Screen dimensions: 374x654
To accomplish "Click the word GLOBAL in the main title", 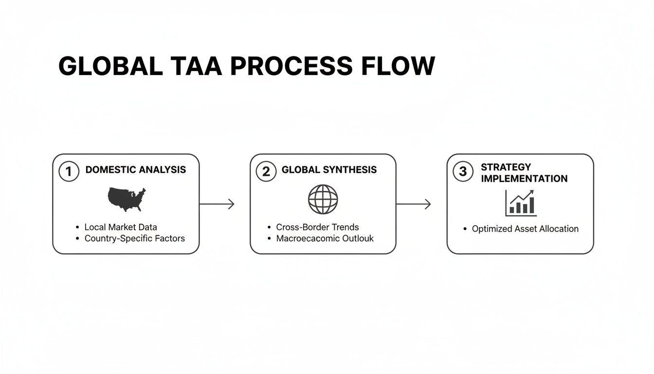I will coord(110,66).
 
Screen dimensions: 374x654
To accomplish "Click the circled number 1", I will coord(69,171).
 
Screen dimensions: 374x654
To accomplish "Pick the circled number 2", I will coord(266,171).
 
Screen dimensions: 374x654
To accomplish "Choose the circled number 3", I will coord(463,171).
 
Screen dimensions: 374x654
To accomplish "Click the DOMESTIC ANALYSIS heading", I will coord(135,170).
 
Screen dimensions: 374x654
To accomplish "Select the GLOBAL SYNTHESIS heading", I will coord(329,170).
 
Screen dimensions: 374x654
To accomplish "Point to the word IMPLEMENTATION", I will coord(524,179).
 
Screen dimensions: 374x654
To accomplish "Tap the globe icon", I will coord(323,199).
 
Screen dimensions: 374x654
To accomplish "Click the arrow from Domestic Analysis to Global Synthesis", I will coord(217,204).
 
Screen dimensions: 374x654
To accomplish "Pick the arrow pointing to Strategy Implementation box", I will coord(414,204).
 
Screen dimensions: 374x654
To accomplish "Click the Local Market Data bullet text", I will coord(121,227).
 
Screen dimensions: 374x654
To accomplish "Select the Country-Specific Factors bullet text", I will coord(135,239).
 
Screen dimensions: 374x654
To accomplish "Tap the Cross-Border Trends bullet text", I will coord(317,227).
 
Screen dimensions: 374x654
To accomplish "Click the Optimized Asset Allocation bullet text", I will coord(525,229).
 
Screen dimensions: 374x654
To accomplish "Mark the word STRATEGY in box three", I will coord(506,167).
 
